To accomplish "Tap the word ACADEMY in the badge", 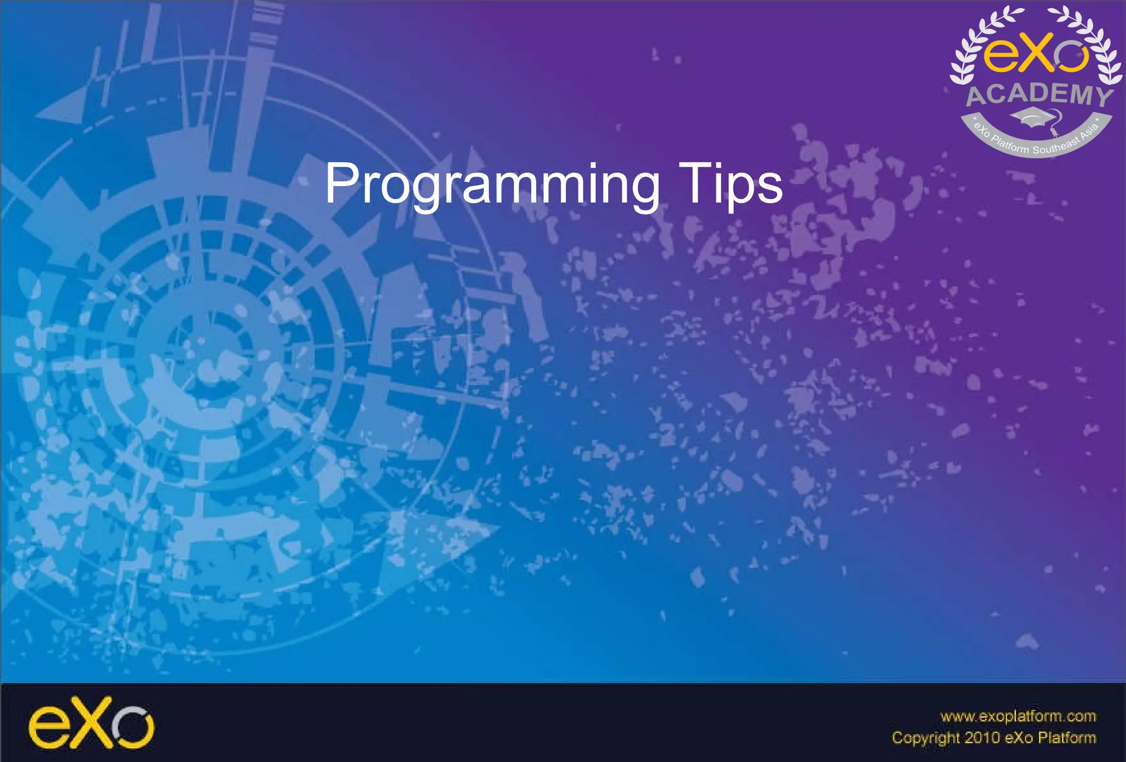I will coord(1039,95).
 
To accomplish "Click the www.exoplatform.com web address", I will coord(1018,716).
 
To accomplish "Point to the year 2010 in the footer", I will coord(983,738).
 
